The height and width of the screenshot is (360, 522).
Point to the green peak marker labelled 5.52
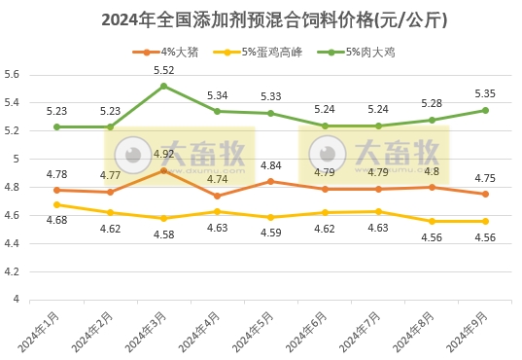(x=163, y=86)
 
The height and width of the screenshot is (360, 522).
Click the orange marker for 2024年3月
(x=163, y=170)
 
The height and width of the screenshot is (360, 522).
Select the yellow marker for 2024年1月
(x=56, y=204)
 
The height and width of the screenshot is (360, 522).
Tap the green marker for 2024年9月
(x=485, y=110)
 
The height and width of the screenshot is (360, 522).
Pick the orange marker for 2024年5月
(x=270, y=182)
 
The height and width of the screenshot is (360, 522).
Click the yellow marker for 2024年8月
(x=432, y=221)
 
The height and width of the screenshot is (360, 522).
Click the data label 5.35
(x=485, y=93)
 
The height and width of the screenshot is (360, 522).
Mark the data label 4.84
(x=270, y=165)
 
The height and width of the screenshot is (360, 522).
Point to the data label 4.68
(x=56, y=221)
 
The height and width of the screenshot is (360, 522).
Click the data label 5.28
(x=432, y=103)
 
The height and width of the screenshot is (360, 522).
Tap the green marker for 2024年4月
(x=217, y=111)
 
